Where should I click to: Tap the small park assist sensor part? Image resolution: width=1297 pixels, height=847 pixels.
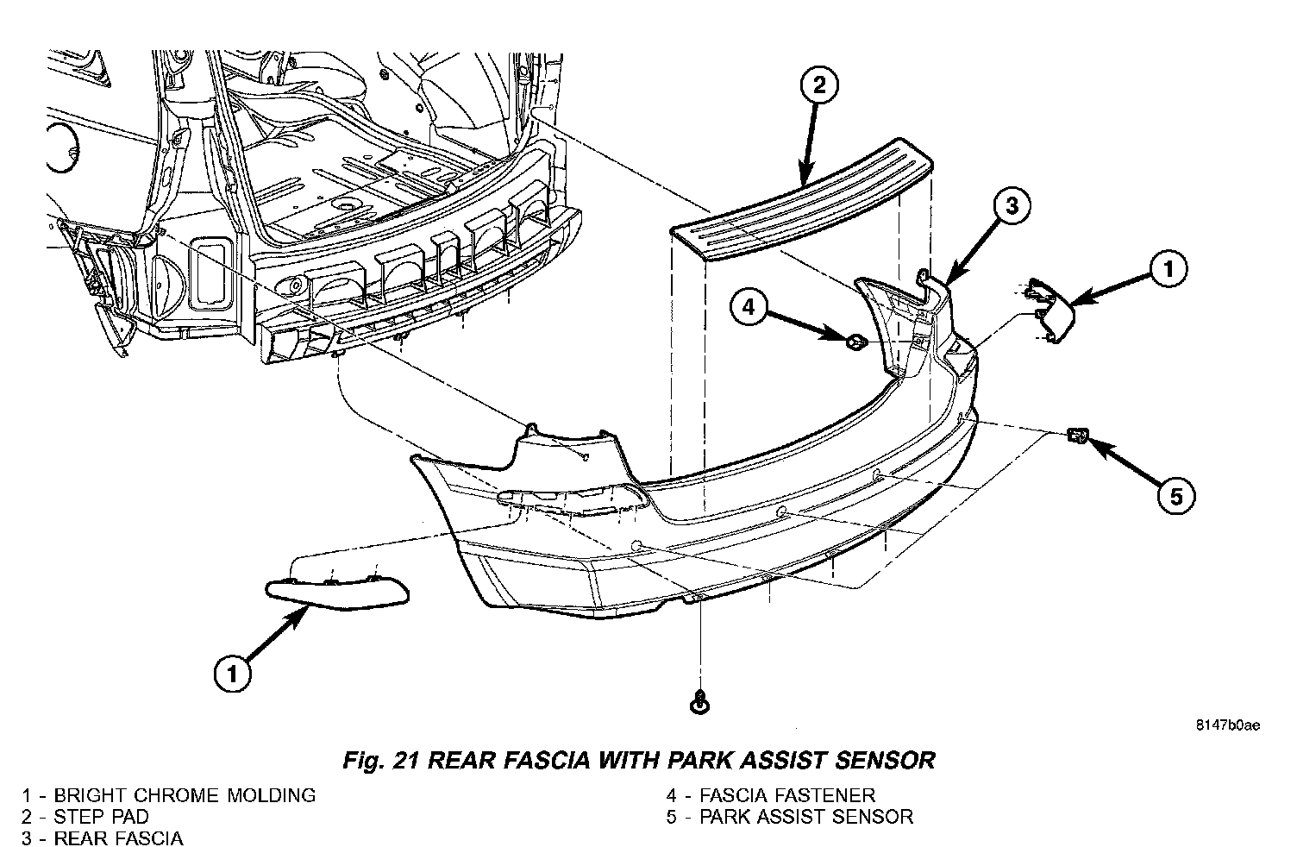[x=1075, y=435]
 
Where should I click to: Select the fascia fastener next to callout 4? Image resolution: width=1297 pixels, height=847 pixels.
[x=855, y=342]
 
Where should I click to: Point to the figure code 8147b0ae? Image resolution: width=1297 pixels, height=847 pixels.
[x=1226, y=725]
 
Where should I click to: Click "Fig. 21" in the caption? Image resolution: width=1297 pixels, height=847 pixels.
[x=380, y=760]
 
